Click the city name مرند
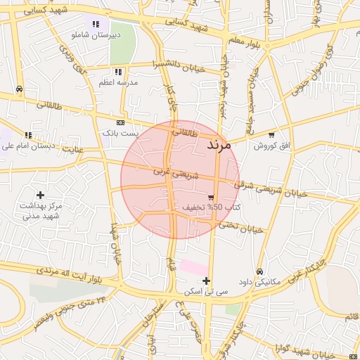point(224,145)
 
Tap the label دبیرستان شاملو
point(96,34)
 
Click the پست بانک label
point(121,132)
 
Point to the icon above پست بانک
point(120,122)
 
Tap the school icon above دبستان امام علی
point(28,135)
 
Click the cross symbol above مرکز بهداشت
point(40,195)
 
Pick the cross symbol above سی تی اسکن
point(206,281)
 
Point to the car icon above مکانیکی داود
point(259,271)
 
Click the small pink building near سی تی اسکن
point(193,268)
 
